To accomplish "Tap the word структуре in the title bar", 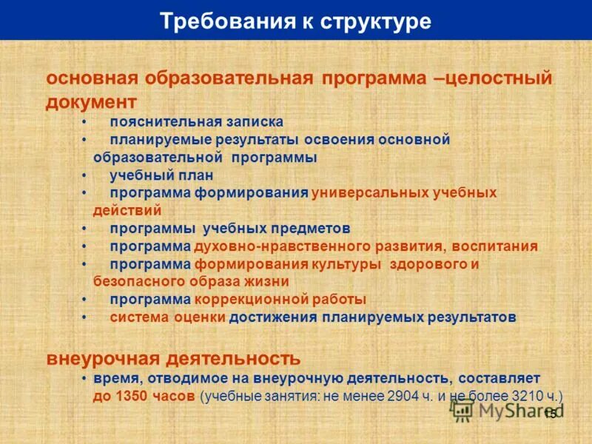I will (x=376, y=21).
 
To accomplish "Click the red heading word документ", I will (x=91, y=101).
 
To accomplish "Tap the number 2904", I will (x=403, y=396).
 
